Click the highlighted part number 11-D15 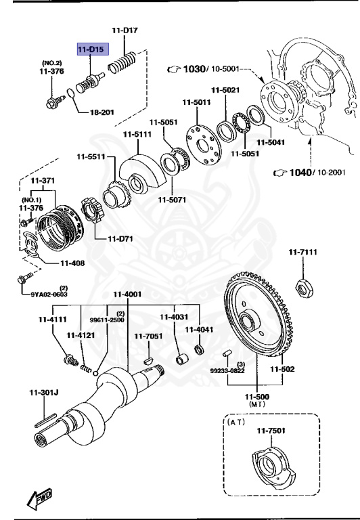point(91,49)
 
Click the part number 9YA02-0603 point(49,295)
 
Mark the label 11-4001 point(127,294)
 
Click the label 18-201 point(102,112)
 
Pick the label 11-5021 point(225,90)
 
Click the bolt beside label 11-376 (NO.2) point(53,103)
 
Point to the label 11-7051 point(148,335)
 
